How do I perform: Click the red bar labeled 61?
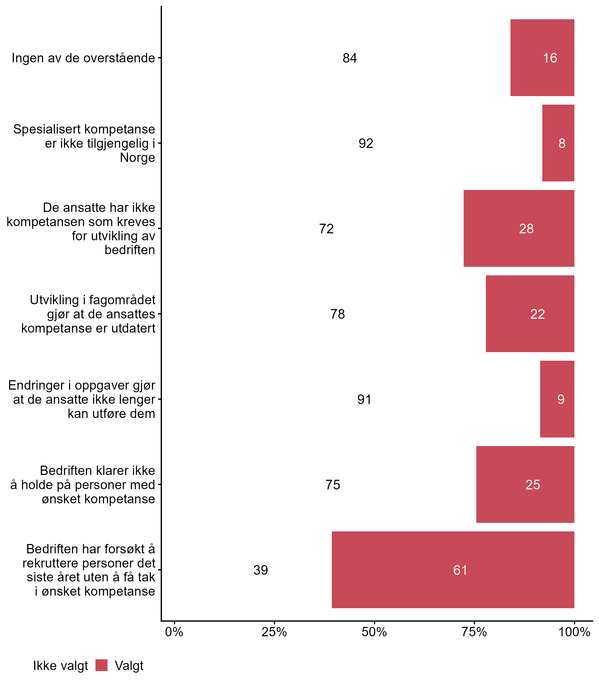453,570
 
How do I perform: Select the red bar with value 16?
542,58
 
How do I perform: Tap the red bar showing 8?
558,143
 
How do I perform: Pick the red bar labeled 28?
519,229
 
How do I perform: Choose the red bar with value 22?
530,314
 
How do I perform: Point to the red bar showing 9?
557,399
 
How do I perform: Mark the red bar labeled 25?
525,484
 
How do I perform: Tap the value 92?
366,143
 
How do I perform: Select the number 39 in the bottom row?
260,570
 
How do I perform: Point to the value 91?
364,399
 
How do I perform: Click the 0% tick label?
174,632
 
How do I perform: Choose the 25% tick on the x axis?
274,632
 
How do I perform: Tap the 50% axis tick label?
374,632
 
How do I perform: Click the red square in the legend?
101,665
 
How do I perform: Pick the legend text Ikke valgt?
60,666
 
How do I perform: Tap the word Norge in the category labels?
137,158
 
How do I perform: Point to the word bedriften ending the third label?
130,250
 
